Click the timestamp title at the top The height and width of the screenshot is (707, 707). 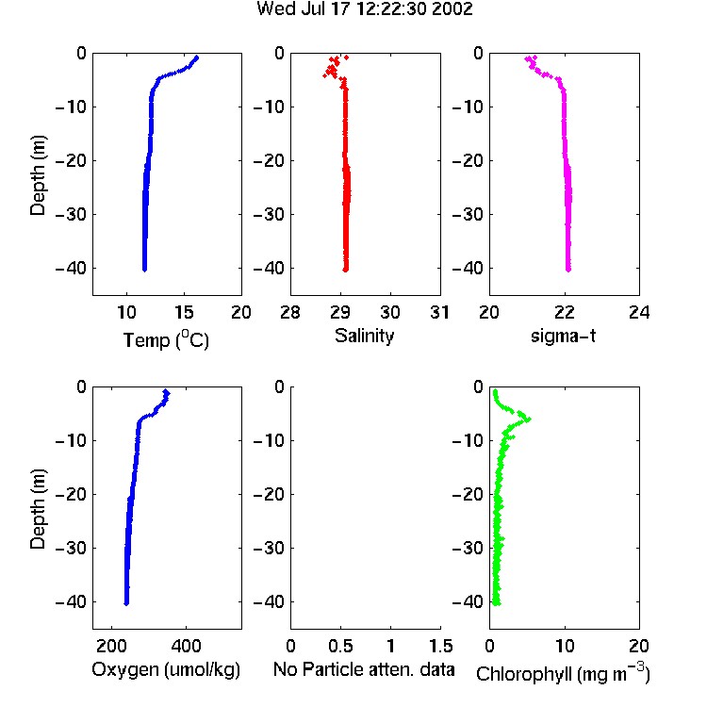click(364, 9)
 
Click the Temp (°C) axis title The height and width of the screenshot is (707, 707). click(166, 339)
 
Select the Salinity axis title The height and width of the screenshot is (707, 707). click(364, 336)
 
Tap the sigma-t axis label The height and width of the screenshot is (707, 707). click(563, 336)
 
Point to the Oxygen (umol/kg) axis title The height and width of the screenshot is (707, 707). click(166, 669)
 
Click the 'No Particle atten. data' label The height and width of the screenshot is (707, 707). click(364, 669)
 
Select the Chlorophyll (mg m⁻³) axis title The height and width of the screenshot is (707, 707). click(563, 673)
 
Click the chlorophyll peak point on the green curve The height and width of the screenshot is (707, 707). click(529, 419)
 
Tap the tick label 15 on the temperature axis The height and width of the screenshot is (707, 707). click(184, 312)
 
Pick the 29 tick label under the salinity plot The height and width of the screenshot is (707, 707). click(340, 312)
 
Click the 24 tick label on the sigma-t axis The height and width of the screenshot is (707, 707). click(639, 312)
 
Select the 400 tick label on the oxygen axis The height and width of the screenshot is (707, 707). click(186, 646)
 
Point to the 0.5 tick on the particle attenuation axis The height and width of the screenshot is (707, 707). click(340, 646)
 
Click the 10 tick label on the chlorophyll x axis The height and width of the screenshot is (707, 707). click(565, 646)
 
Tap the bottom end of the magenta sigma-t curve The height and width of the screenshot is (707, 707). click(568, 270)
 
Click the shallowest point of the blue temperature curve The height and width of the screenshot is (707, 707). click(197, 58)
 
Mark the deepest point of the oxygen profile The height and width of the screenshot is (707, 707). click(126, 603)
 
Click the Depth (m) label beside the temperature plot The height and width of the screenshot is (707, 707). click(38, 175)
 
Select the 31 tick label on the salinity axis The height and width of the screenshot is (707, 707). click(440, 312)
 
